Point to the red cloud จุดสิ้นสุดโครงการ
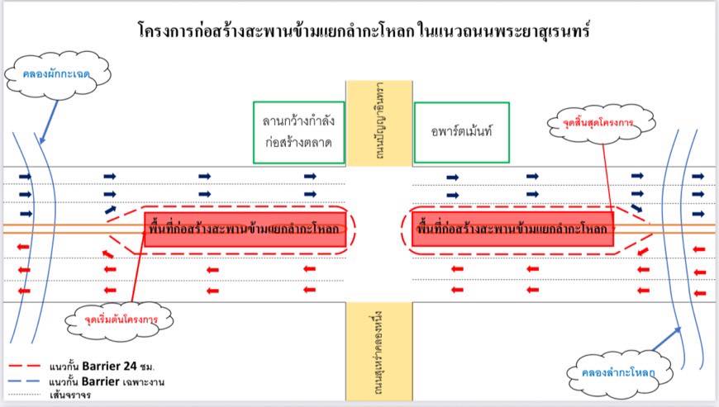click(598, 124)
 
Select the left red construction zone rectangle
click(245, 229)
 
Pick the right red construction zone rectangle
click(512, 229)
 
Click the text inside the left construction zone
click(245, 229)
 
